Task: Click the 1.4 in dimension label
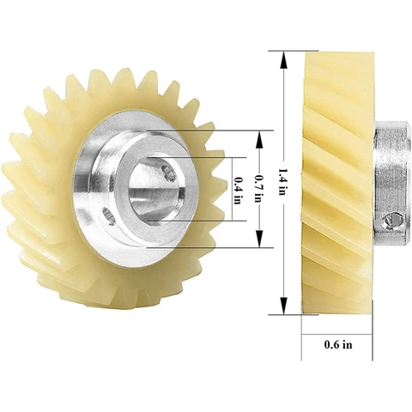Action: [282, 182]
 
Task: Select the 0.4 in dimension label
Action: [238, 191]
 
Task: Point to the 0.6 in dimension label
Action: [338, 344]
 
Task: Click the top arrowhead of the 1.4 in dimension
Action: [283, 59]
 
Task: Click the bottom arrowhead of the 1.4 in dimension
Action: [283, 306]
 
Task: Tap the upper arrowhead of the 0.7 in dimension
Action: [259, 139]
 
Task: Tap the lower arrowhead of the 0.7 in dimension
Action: [259, 239]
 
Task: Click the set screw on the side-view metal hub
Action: [394, 221]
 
